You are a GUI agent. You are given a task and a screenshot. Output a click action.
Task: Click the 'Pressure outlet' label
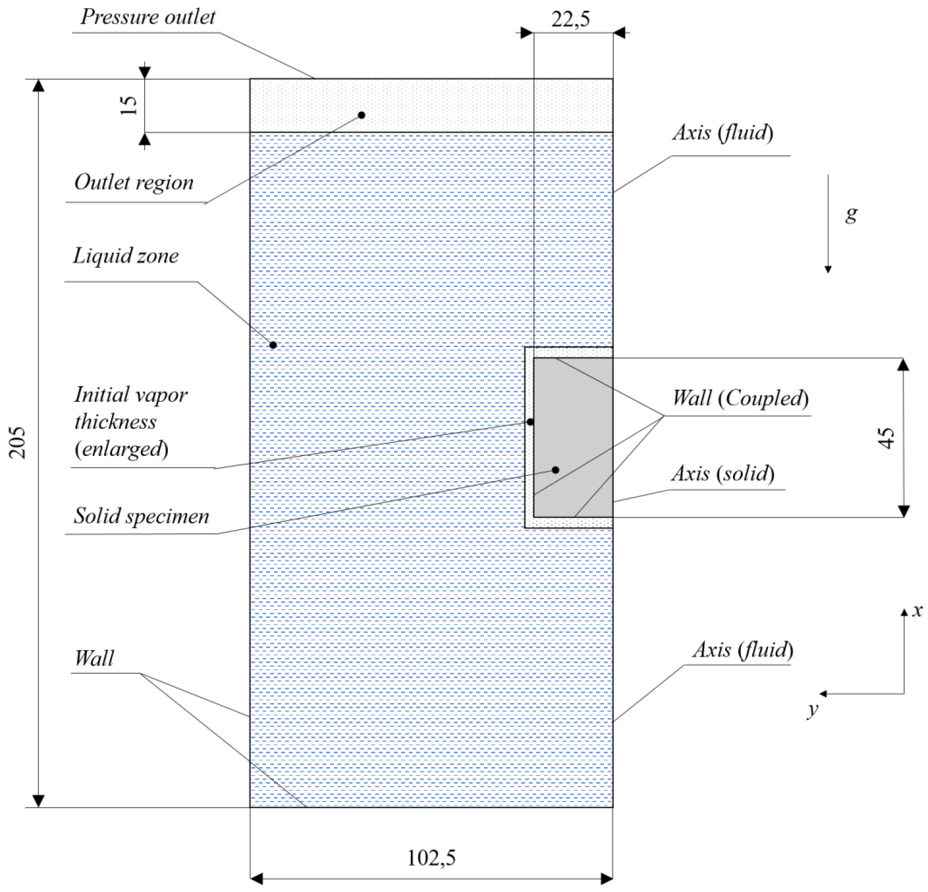148,17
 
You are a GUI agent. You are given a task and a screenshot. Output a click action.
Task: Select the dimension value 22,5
570,20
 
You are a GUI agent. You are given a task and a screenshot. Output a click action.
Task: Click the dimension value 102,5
431,857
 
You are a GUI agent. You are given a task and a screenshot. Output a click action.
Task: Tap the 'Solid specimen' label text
141,516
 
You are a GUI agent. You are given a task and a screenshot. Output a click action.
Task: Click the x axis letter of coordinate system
918,611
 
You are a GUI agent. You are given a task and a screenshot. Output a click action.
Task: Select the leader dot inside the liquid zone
273,345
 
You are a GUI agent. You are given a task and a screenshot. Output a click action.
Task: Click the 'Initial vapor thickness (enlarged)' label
131,421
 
